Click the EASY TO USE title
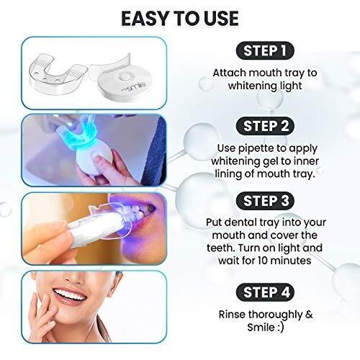[179, 17]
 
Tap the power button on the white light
[130, 75]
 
